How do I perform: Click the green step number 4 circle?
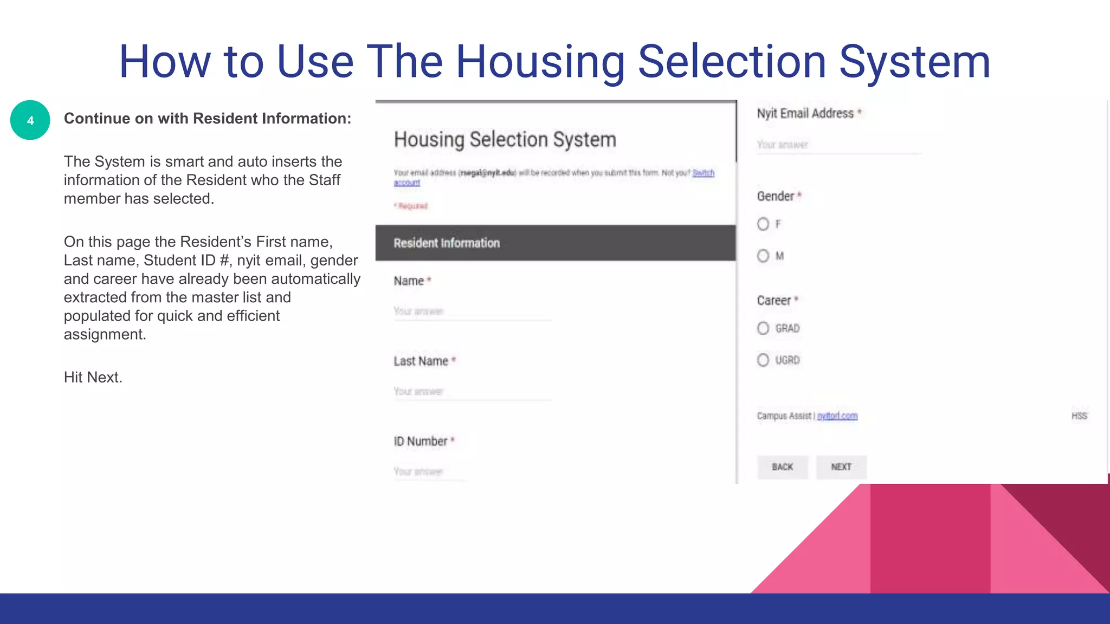[30, 120]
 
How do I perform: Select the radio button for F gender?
[763, 224]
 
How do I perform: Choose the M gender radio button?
[763, 256]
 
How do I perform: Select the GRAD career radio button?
[763, 328]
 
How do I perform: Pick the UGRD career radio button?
[763, 360]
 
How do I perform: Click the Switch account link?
[703, 173]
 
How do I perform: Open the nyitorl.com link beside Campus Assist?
[837, 416]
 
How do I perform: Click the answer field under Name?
[472, 311]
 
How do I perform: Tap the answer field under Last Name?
[472, 392]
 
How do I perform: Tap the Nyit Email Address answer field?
[838, 145]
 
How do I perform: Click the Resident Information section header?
[556, 243]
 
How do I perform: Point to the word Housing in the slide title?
[540, 62]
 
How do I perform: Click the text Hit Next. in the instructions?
[93, 378]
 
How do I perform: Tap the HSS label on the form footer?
[1079, 416]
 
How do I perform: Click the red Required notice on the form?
[412, 206]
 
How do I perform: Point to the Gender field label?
[776, 196]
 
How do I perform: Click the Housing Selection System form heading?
[505, 140]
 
